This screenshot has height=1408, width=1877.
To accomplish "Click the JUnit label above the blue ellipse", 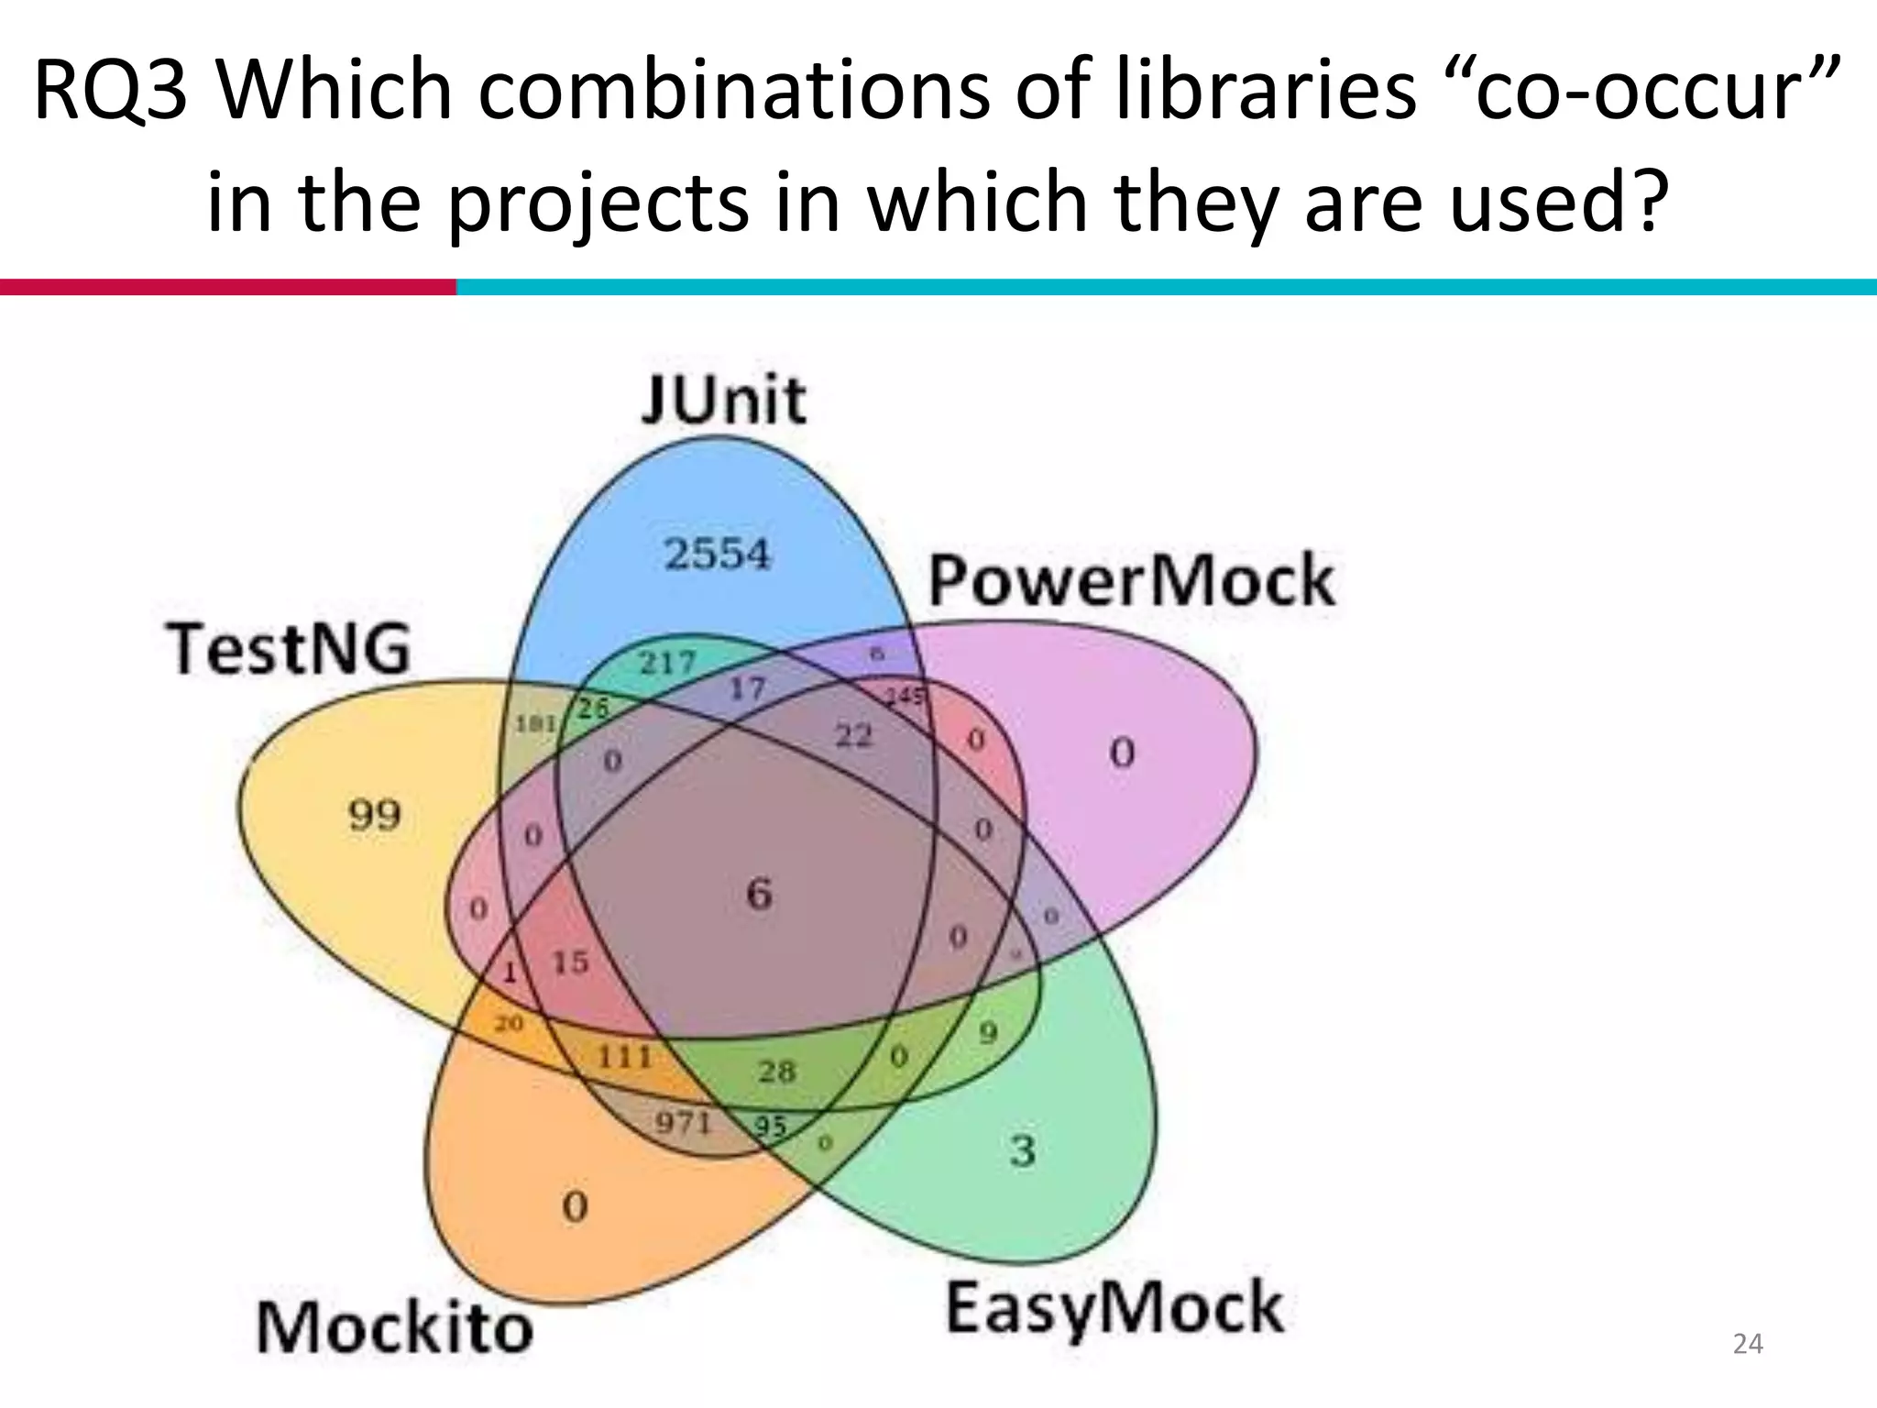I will coord(724,400).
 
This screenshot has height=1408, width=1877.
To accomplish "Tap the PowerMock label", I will coord(1131,580).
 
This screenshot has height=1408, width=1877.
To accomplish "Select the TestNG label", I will coord(288,648).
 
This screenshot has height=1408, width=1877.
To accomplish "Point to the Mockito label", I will coord(394,1328).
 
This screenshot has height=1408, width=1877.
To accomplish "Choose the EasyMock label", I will coord(1114,1308).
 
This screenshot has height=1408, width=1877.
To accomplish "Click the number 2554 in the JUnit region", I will coord(718,554).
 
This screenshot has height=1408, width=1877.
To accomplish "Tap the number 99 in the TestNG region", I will coord(375,814).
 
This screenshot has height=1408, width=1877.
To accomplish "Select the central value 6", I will coord(759,894).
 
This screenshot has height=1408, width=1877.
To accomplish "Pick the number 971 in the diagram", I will coord(684,1121).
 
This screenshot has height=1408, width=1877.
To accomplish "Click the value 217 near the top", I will coord(667,662).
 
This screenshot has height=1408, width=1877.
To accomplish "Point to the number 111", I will coord(624,1057).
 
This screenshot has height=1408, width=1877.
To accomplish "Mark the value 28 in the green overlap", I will coord(777,1071).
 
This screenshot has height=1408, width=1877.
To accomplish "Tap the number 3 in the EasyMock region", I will coord(1023,1149).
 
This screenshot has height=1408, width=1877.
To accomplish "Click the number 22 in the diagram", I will coord(853,734).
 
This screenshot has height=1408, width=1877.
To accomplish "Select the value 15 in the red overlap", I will coord(570,962).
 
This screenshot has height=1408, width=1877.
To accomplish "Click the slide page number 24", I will coord(1748,1344).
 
